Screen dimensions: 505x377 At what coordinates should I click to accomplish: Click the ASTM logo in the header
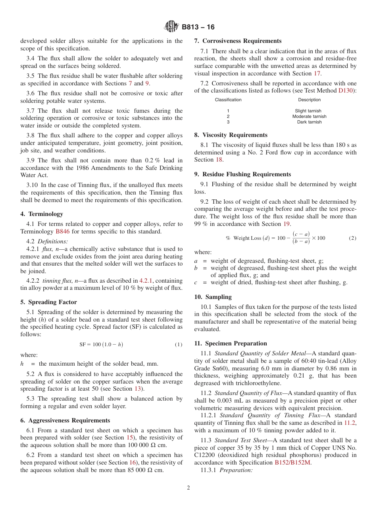pos(171,27)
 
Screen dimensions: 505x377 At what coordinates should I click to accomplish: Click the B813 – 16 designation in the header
pos(198,27)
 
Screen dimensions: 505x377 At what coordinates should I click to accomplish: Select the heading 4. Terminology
pos(42,214)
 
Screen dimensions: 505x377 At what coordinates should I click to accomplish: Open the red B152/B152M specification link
pos(292,463)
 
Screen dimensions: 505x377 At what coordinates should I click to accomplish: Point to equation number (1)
pos(179,345)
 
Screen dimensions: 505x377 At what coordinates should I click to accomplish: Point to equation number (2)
pos(352,238)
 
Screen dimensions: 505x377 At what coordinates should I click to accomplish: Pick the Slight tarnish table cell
pos(308,111)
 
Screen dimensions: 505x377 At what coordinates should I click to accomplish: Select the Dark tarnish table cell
pos(309,122)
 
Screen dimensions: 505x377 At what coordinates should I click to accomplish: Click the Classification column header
pos(228,100)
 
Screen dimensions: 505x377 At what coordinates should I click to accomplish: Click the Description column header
pos(309,100)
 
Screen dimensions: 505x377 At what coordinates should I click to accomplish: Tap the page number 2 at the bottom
pos(188,488)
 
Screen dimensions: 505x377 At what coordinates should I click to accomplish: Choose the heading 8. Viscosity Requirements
pos(231,135)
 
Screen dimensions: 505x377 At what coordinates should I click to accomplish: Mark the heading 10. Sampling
pos(213,297)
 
